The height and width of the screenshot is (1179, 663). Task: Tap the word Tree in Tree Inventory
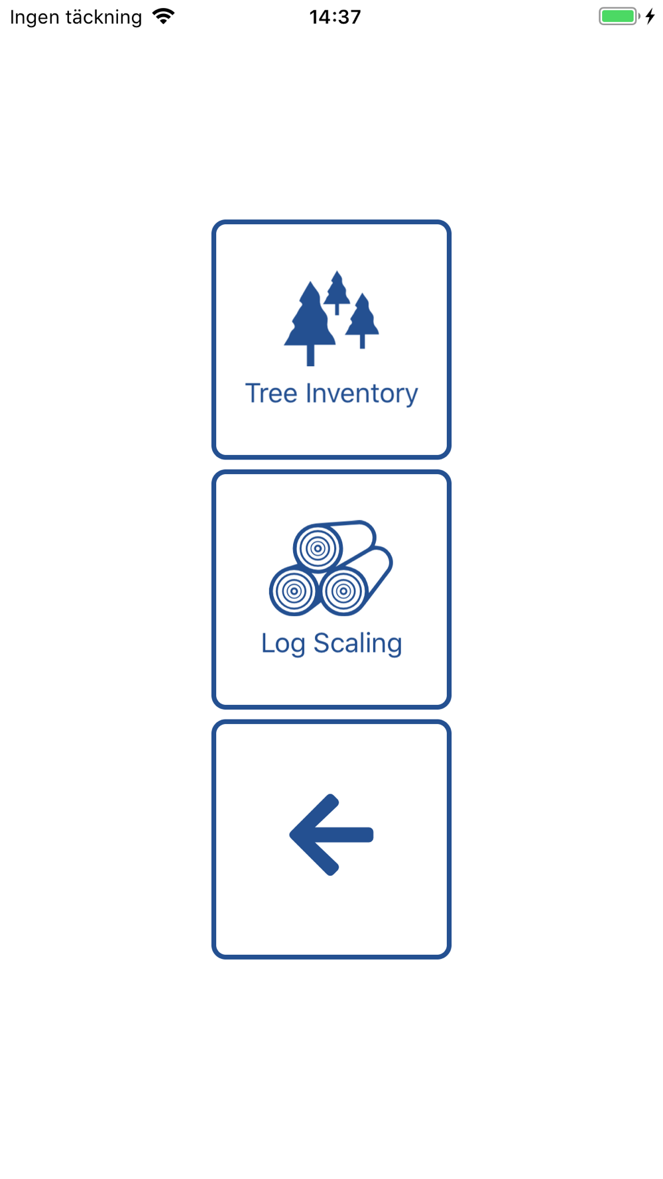pos(271,393)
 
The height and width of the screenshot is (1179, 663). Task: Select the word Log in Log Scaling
pos(283,643)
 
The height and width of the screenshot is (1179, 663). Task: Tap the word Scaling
pos(357,643)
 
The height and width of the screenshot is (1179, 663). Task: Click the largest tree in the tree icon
pos(310,316)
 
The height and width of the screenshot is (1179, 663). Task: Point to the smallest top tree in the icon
pos(337,289)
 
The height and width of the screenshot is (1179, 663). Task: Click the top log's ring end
pos(318,548)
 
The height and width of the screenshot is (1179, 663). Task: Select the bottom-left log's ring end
pos(294,591)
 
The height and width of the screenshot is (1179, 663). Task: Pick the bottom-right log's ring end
pos(343,591)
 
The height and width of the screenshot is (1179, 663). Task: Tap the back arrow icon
pos(331,835)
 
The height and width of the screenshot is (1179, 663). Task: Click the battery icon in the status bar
pos(619,17)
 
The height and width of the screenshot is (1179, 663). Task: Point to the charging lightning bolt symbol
pos(650,17)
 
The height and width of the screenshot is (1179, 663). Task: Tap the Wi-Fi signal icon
pos(163,16)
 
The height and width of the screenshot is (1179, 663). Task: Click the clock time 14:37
pos(335,17)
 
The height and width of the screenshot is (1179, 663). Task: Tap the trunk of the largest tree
pos(310,355)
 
